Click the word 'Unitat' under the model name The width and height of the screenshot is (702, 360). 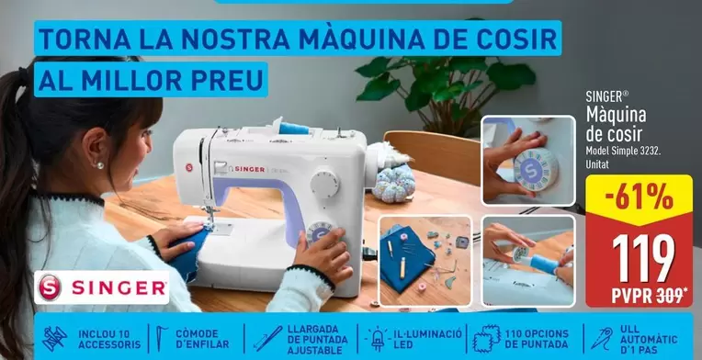(598, 163)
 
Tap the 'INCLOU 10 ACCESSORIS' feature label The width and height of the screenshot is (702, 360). (109, 338)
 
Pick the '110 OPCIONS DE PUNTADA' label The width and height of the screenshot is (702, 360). (538, 338)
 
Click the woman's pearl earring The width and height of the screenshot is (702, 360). (99, 164)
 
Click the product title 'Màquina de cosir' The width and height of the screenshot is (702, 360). (617, 122)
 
